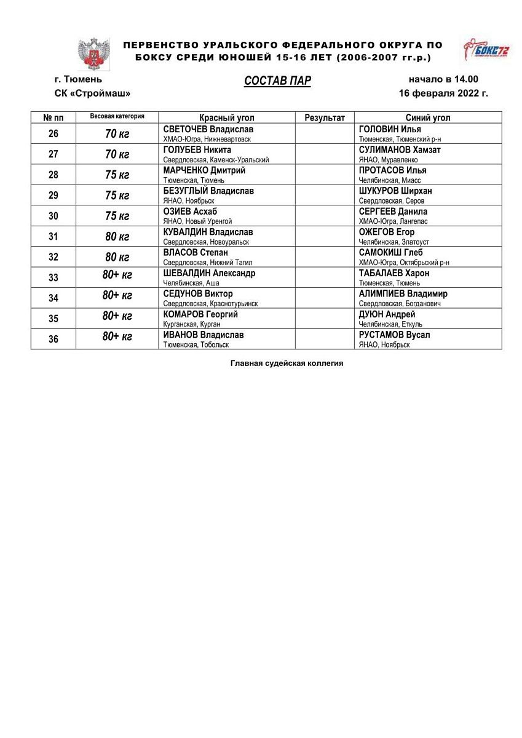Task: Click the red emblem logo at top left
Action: tap(94, 53)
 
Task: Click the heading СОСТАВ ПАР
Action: tap(277, 82)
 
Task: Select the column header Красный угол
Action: tap(226, 117)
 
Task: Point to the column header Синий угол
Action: tap(428, 117)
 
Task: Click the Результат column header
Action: tap(325, 117)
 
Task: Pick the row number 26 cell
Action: tap(53, 133)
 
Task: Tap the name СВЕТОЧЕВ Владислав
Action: tap(208, 130)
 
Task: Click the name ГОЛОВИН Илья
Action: tap(390, 130)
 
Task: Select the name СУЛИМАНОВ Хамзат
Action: tap(400, 150)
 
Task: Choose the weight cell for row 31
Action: tap(117, 237)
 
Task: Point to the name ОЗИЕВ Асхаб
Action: tap(191, 212)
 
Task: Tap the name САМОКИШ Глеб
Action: tap(391, 253)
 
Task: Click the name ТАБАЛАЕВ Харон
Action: tap(394, 273)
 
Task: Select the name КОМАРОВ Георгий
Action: tap(200, 314)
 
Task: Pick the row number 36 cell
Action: tap(53, 339)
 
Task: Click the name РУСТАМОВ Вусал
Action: tap(394, 335)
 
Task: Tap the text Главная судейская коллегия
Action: tap(287, 363)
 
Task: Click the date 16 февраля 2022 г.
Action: tap(443, 93)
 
